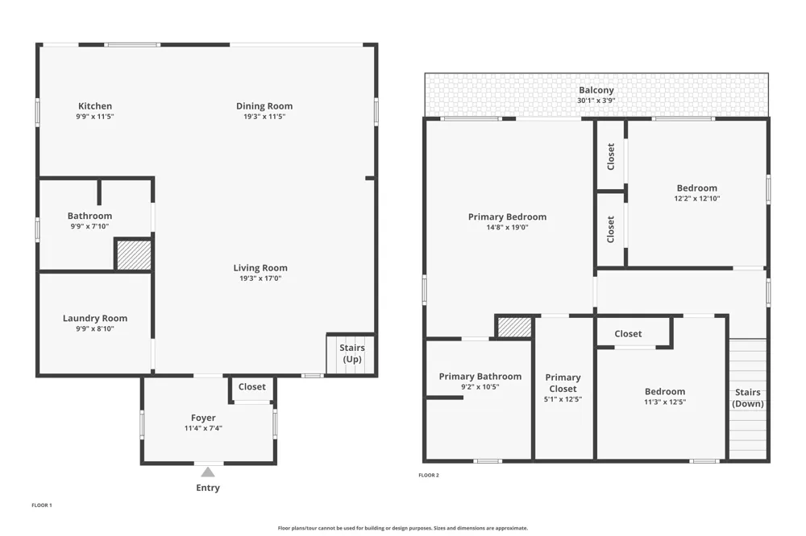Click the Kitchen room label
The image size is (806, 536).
(x=95, y=106)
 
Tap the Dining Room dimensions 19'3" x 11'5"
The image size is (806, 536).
(x=264, y=117)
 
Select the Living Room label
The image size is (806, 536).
(x=260, y=268)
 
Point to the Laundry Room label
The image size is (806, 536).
(x=95, y=319)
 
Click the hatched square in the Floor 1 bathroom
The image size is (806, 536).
(x=134, y=255)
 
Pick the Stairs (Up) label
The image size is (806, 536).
(x=352, y=353)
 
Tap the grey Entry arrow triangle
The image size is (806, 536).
(x=208, y=472)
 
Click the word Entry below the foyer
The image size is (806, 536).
(x=208, y=488)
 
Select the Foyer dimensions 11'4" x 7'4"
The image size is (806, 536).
(x=203, y=428)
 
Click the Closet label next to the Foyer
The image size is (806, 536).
(x=251, y=386)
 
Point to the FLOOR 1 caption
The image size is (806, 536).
(x=42, y=505)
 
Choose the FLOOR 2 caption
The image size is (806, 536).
(x=429, y=476)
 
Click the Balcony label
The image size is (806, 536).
(x=596, y=90)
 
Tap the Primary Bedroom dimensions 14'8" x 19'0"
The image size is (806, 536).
(x=507, y=228)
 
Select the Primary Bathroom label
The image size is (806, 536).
(x=480, y=377)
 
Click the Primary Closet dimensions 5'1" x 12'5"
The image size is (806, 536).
(x=563, y=399)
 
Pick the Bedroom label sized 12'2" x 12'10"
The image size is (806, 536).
(x=696, y=188)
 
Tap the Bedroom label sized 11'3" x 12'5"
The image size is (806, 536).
(x=665, y=392)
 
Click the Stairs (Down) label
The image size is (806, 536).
(x=748, y=398)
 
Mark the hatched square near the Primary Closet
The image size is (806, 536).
(x=514, y=328)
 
